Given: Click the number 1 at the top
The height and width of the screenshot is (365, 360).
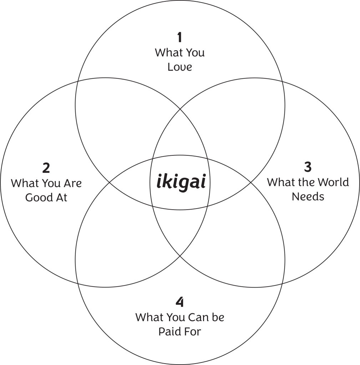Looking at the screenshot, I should (179, 37).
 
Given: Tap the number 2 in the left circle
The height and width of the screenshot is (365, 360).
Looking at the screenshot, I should (46, 168).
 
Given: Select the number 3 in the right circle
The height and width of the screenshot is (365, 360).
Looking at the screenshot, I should (308, 166).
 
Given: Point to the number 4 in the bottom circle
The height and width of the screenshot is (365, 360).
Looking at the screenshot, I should (180, 302).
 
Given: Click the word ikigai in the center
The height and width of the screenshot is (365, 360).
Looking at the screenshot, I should (181, 182).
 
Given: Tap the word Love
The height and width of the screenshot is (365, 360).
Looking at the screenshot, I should (180, 67).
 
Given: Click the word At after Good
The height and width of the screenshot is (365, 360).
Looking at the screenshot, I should (61, 198).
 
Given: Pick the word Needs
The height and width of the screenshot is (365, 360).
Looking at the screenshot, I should (308, 197).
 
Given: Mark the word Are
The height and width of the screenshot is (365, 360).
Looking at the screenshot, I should (73, 184).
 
